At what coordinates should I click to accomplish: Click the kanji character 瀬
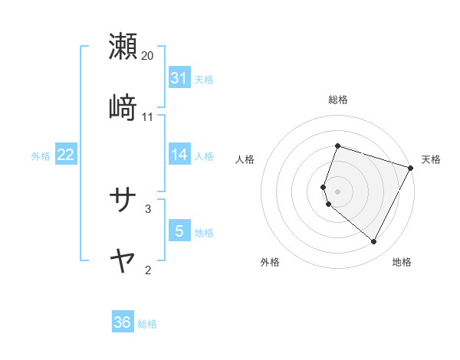pos(123,46)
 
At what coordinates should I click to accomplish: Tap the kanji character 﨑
pos(123,107)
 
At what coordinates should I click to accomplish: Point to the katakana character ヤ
pos(123,260)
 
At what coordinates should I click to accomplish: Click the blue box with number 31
pos(179,78)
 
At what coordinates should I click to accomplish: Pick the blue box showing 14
pos(179,155)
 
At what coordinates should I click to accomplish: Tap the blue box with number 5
pos(179,231)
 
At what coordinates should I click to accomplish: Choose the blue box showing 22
pos(65,155)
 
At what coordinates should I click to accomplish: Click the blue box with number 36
pos(123,322)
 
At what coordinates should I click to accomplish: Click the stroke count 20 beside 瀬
pos(148,56)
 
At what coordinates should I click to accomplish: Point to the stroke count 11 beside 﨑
pos(148,117)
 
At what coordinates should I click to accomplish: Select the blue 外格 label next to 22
pos(41,155)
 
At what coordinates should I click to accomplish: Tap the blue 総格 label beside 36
pos(147,323)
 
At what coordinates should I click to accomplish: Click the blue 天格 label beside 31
pos(204,79)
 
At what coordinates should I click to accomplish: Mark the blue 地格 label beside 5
pos(204,232)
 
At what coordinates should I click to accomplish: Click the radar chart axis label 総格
pos(337,100)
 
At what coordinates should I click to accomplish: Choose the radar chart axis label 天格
pos(431,159)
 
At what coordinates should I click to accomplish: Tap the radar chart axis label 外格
pos(270,263)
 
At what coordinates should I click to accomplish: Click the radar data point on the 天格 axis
pos(412,168)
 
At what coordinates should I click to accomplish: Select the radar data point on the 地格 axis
pos(374,242)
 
